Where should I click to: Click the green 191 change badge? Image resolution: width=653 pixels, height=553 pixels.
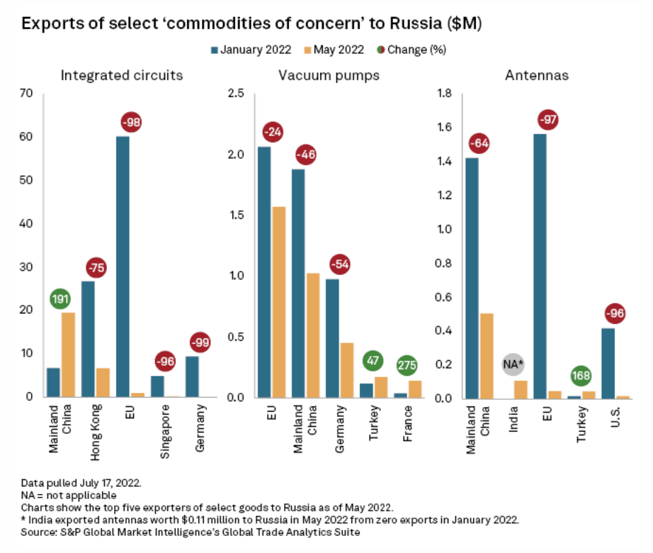(59, 298)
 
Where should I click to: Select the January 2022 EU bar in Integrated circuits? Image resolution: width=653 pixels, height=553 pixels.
(123, 266)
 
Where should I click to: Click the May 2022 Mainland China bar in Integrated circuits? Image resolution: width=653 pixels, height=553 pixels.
(68, 354)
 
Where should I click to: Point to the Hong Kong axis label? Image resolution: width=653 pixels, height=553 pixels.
(96, 424)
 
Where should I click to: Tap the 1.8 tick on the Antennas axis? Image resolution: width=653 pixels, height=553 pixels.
(445, 94)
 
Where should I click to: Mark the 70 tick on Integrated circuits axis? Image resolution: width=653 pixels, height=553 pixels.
(28, 94)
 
